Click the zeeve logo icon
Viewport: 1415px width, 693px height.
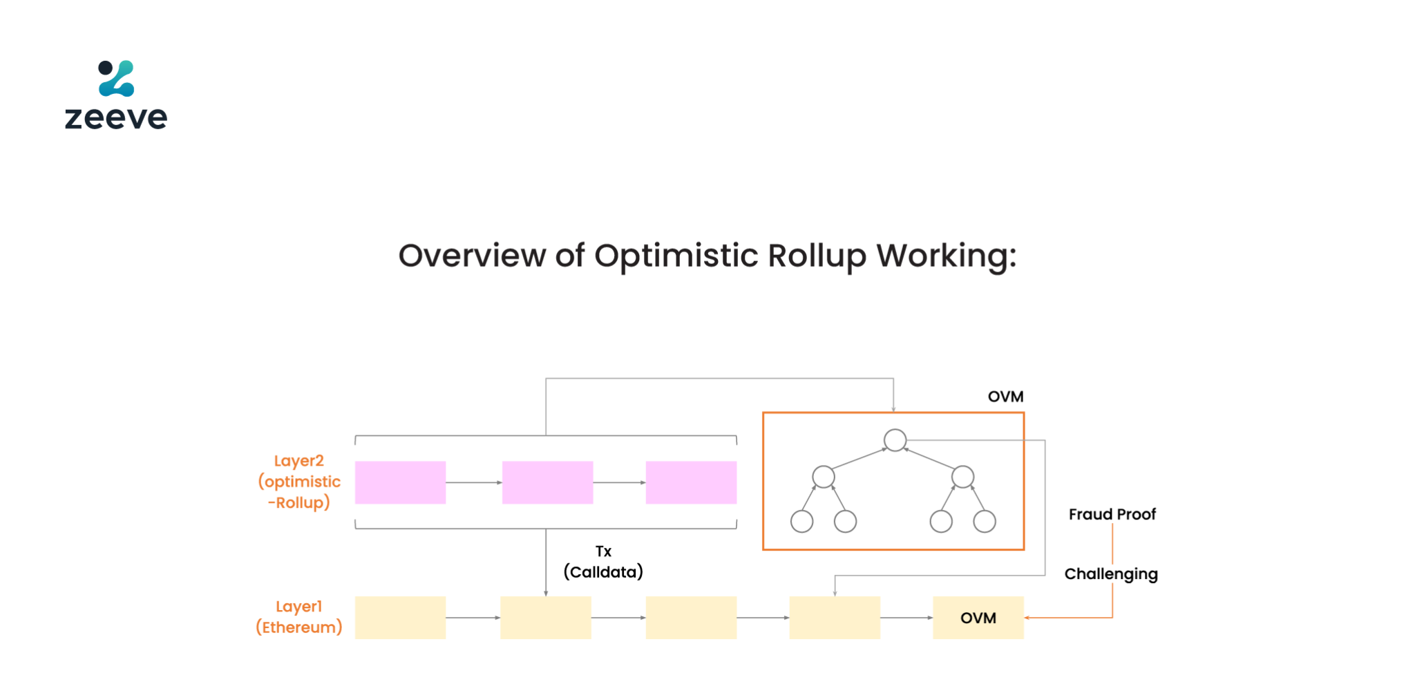click(x=116, y=78)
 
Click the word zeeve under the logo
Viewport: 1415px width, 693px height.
click(x=116, y=117)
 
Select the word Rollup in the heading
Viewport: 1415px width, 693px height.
click(x=817, y=256)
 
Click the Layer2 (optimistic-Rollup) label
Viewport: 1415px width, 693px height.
click(x=299, y=482)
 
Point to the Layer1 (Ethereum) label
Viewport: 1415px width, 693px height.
click(x=299, y=617)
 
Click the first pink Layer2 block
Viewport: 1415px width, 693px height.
click(x=400, y=482)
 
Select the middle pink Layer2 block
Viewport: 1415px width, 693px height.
click(x=547, y=482)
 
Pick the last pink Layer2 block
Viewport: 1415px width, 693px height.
click(x=691, y=482)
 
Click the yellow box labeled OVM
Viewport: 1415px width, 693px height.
click(x=978, y=618)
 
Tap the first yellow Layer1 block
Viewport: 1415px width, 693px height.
click(x=400, y=618)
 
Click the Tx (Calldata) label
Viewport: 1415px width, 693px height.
click(x=603, y=562)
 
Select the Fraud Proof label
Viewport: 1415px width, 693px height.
click(x=1112, y=514)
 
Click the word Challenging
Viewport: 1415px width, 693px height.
click(x=1111, y=574)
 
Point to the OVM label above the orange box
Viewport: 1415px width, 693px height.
click(x=1005, y=397)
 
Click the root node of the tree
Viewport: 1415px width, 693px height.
click(x=895, y=440)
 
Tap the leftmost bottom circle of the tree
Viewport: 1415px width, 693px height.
click(x=801, y=521)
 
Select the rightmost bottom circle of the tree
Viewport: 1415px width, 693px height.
click(x=984, y=521)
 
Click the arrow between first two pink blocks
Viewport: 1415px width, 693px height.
click(x=474, y=482)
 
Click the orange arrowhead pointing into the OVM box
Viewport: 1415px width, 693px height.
click(x=1027, y=618)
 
